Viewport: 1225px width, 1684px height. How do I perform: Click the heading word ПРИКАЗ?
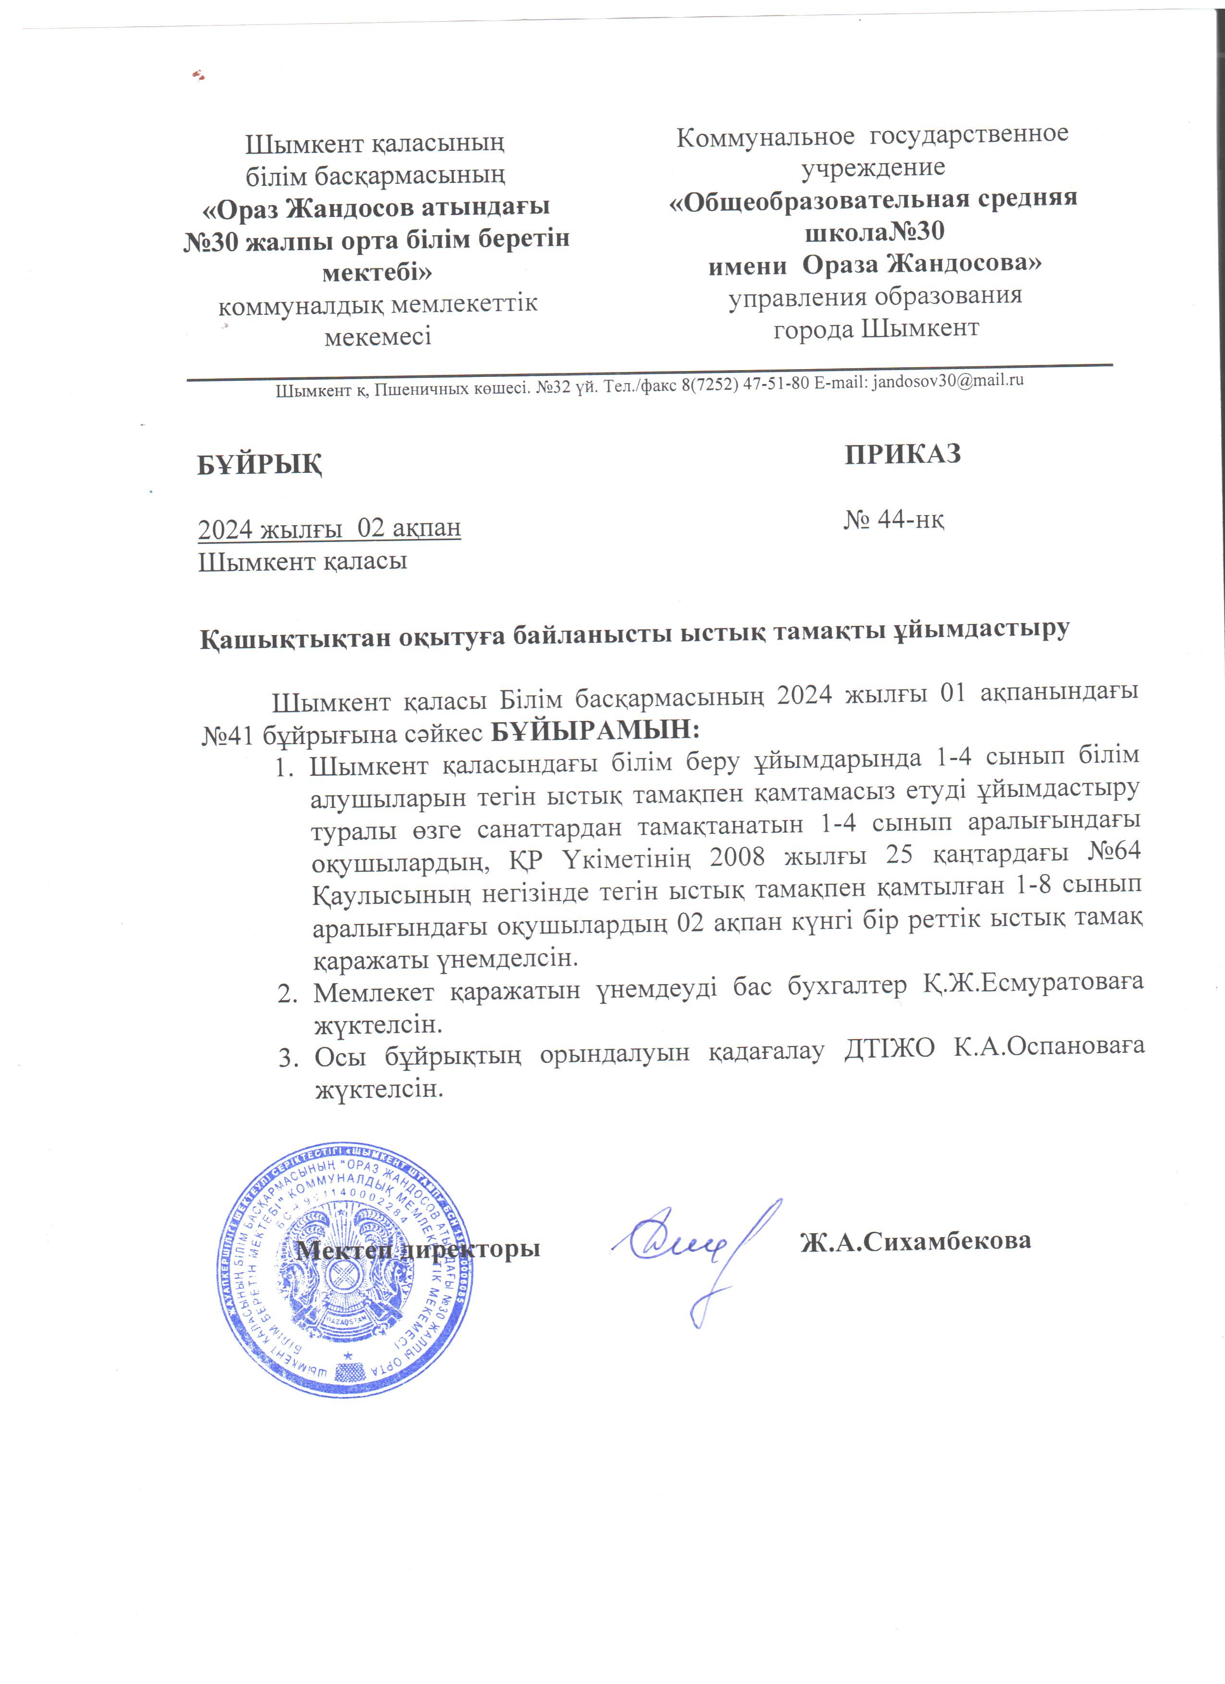pyautogui.click(x=903, y=454)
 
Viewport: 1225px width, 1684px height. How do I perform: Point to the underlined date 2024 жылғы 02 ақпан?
pyautogui.click(x=329, y=528)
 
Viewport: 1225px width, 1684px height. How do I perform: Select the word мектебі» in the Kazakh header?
pyautogui.click(x=378, y=272)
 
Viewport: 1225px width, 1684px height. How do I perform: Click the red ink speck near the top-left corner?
pyautogui.click(x=198, y=74)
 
